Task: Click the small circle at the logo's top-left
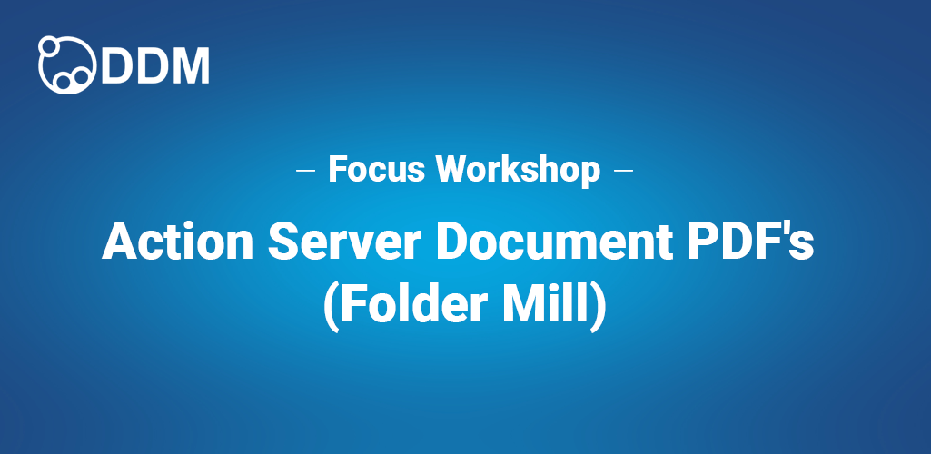[x=48, y=45]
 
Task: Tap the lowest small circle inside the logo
[x=64, y=82]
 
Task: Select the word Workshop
[x=517, y=169]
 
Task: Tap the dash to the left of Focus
[x=306, y=170]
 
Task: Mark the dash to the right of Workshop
[x=623, y=170]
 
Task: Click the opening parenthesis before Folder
[x=331, y=306]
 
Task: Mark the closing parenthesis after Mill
[x=599, y=306]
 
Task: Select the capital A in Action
[x=119, y=241]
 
